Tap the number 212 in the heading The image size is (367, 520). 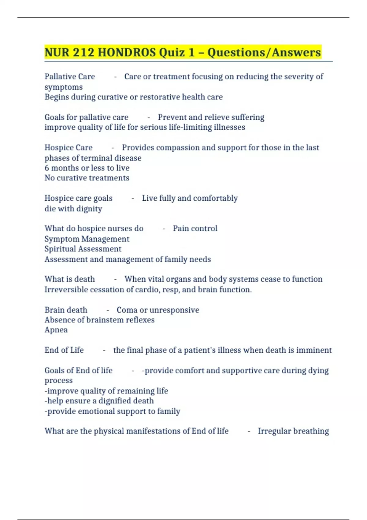click(x=83, y=52)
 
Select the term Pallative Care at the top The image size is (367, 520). click(x=70, y=76)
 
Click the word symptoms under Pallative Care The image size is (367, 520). click(x=64, y=87)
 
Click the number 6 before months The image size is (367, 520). click(x=47, y=168)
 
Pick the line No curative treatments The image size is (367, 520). click(x=87, y=178)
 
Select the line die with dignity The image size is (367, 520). click(x=73, y=209)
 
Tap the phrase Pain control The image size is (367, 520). click(x=195, y=228)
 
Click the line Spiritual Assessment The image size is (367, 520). click(x=83, y=249)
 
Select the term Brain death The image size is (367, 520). click(x=66, y=310)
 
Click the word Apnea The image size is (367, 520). click(x=56, y=330)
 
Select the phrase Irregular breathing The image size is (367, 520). click(x=293, y=431)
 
